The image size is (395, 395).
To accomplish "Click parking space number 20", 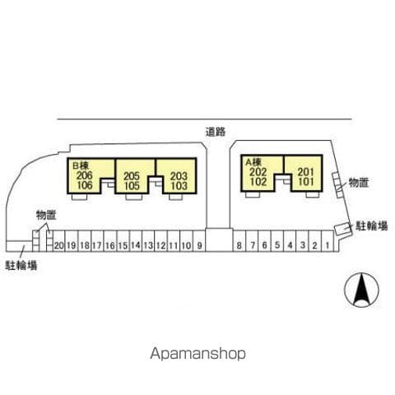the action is click(58, 241).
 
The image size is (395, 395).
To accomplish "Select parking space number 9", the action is click(199, 241).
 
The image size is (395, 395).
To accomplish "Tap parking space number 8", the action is click(239, 241).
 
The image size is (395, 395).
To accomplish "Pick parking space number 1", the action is click(328, 241).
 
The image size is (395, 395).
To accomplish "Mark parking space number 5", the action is click(277, 241).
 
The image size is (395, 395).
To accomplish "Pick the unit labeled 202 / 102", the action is click(258, 174).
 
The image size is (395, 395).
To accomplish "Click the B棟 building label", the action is click(81, 165).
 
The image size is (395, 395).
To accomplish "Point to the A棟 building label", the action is click(253, 162).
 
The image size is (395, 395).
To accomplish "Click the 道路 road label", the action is click(216, 132).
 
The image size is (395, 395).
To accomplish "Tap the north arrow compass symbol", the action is click(361, 290).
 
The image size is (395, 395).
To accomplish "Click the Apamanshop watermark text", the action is click(197, 353).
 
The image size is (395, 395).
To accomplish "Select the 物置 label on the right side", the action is click(358, 183).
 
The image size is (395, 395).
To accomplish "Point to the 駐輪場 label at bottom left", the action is click(21, 265).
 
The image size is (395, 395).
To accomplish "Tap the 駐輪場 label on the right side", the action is click(372, 225).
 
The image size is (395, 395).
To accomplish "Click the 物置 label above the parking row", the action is click(46, 215).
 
